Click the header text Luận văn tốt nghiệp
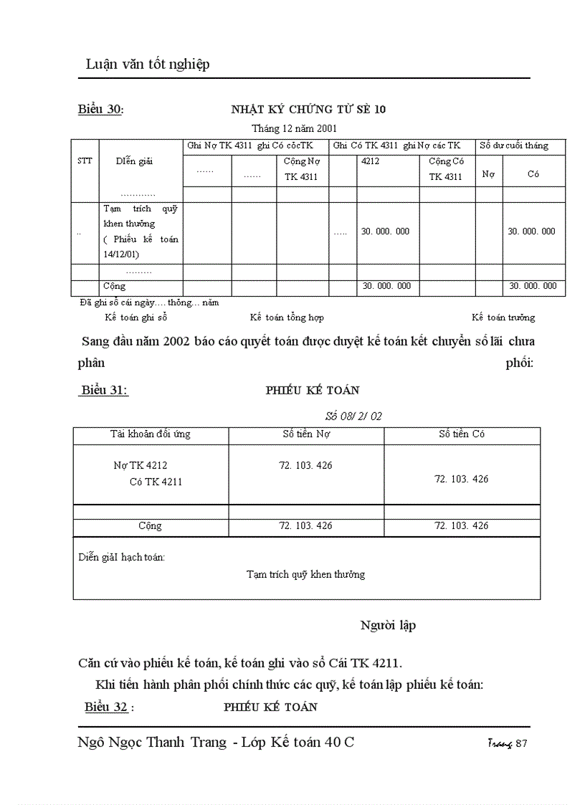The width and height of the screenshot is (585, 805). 148,65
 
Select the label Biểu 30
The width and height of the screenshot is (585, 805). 100,110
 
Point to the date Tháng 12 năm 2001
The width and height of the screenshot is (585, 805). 294,128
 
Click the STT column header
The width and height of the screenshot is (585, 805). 85,161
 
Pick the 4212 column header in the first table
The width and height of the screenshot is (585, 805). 371,161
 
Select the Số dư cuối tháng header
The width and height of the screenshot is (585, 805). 514,146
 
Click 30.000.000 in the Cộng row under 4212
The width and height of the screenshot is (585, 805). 386,286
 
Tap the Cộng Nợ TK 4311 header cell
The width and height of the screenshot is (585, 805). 302,169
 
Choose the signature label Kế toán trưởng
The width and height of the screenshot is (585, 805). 503,318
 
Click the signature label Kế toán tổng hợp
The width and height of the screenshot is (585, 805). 287,318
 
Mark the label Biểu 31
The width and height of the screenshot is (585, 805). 104,391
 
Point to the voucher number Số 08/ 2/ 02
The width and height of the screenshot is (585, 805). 353,416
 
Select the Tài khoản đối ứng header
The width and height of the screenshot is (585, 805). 151,434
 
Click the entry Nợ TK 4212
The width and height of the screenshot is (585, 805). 141,466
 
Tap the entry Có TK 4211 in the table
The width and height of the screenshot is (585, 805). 156,482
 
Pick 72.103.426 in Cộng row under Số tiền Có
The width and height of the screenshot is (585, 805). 461,526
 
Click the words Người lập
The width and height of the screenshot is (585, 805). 388,626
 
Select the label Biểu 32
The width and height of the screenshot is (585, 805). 107,708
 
